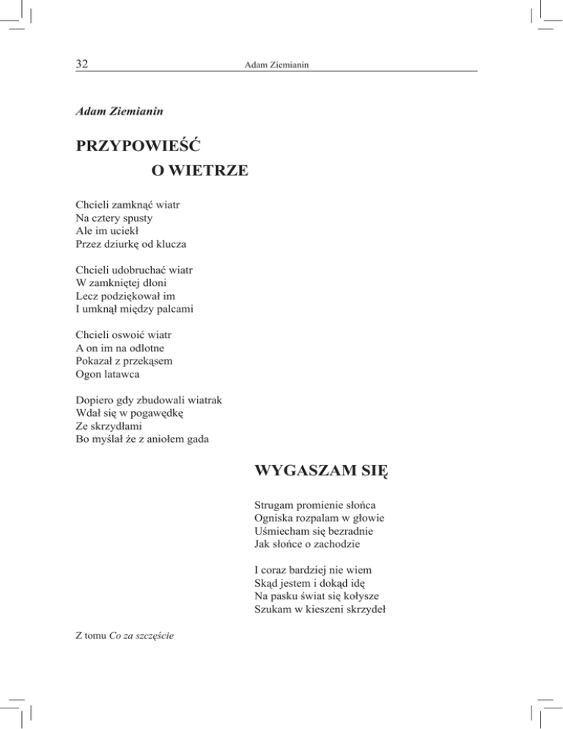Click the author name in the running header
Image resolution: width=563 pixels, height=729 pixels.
(x=276, y=66)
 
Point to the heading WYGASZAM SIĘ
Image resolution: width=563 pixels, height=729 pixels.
(x=320, y=469)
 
